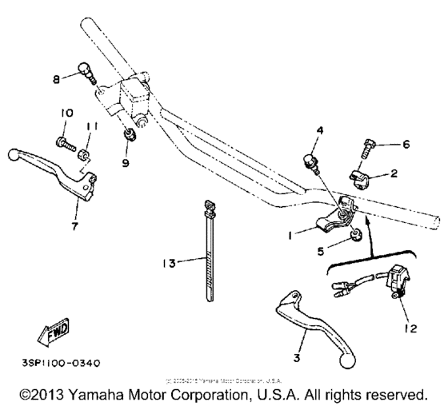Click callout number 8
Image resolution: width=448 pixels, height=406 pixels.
pos(56,78)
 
